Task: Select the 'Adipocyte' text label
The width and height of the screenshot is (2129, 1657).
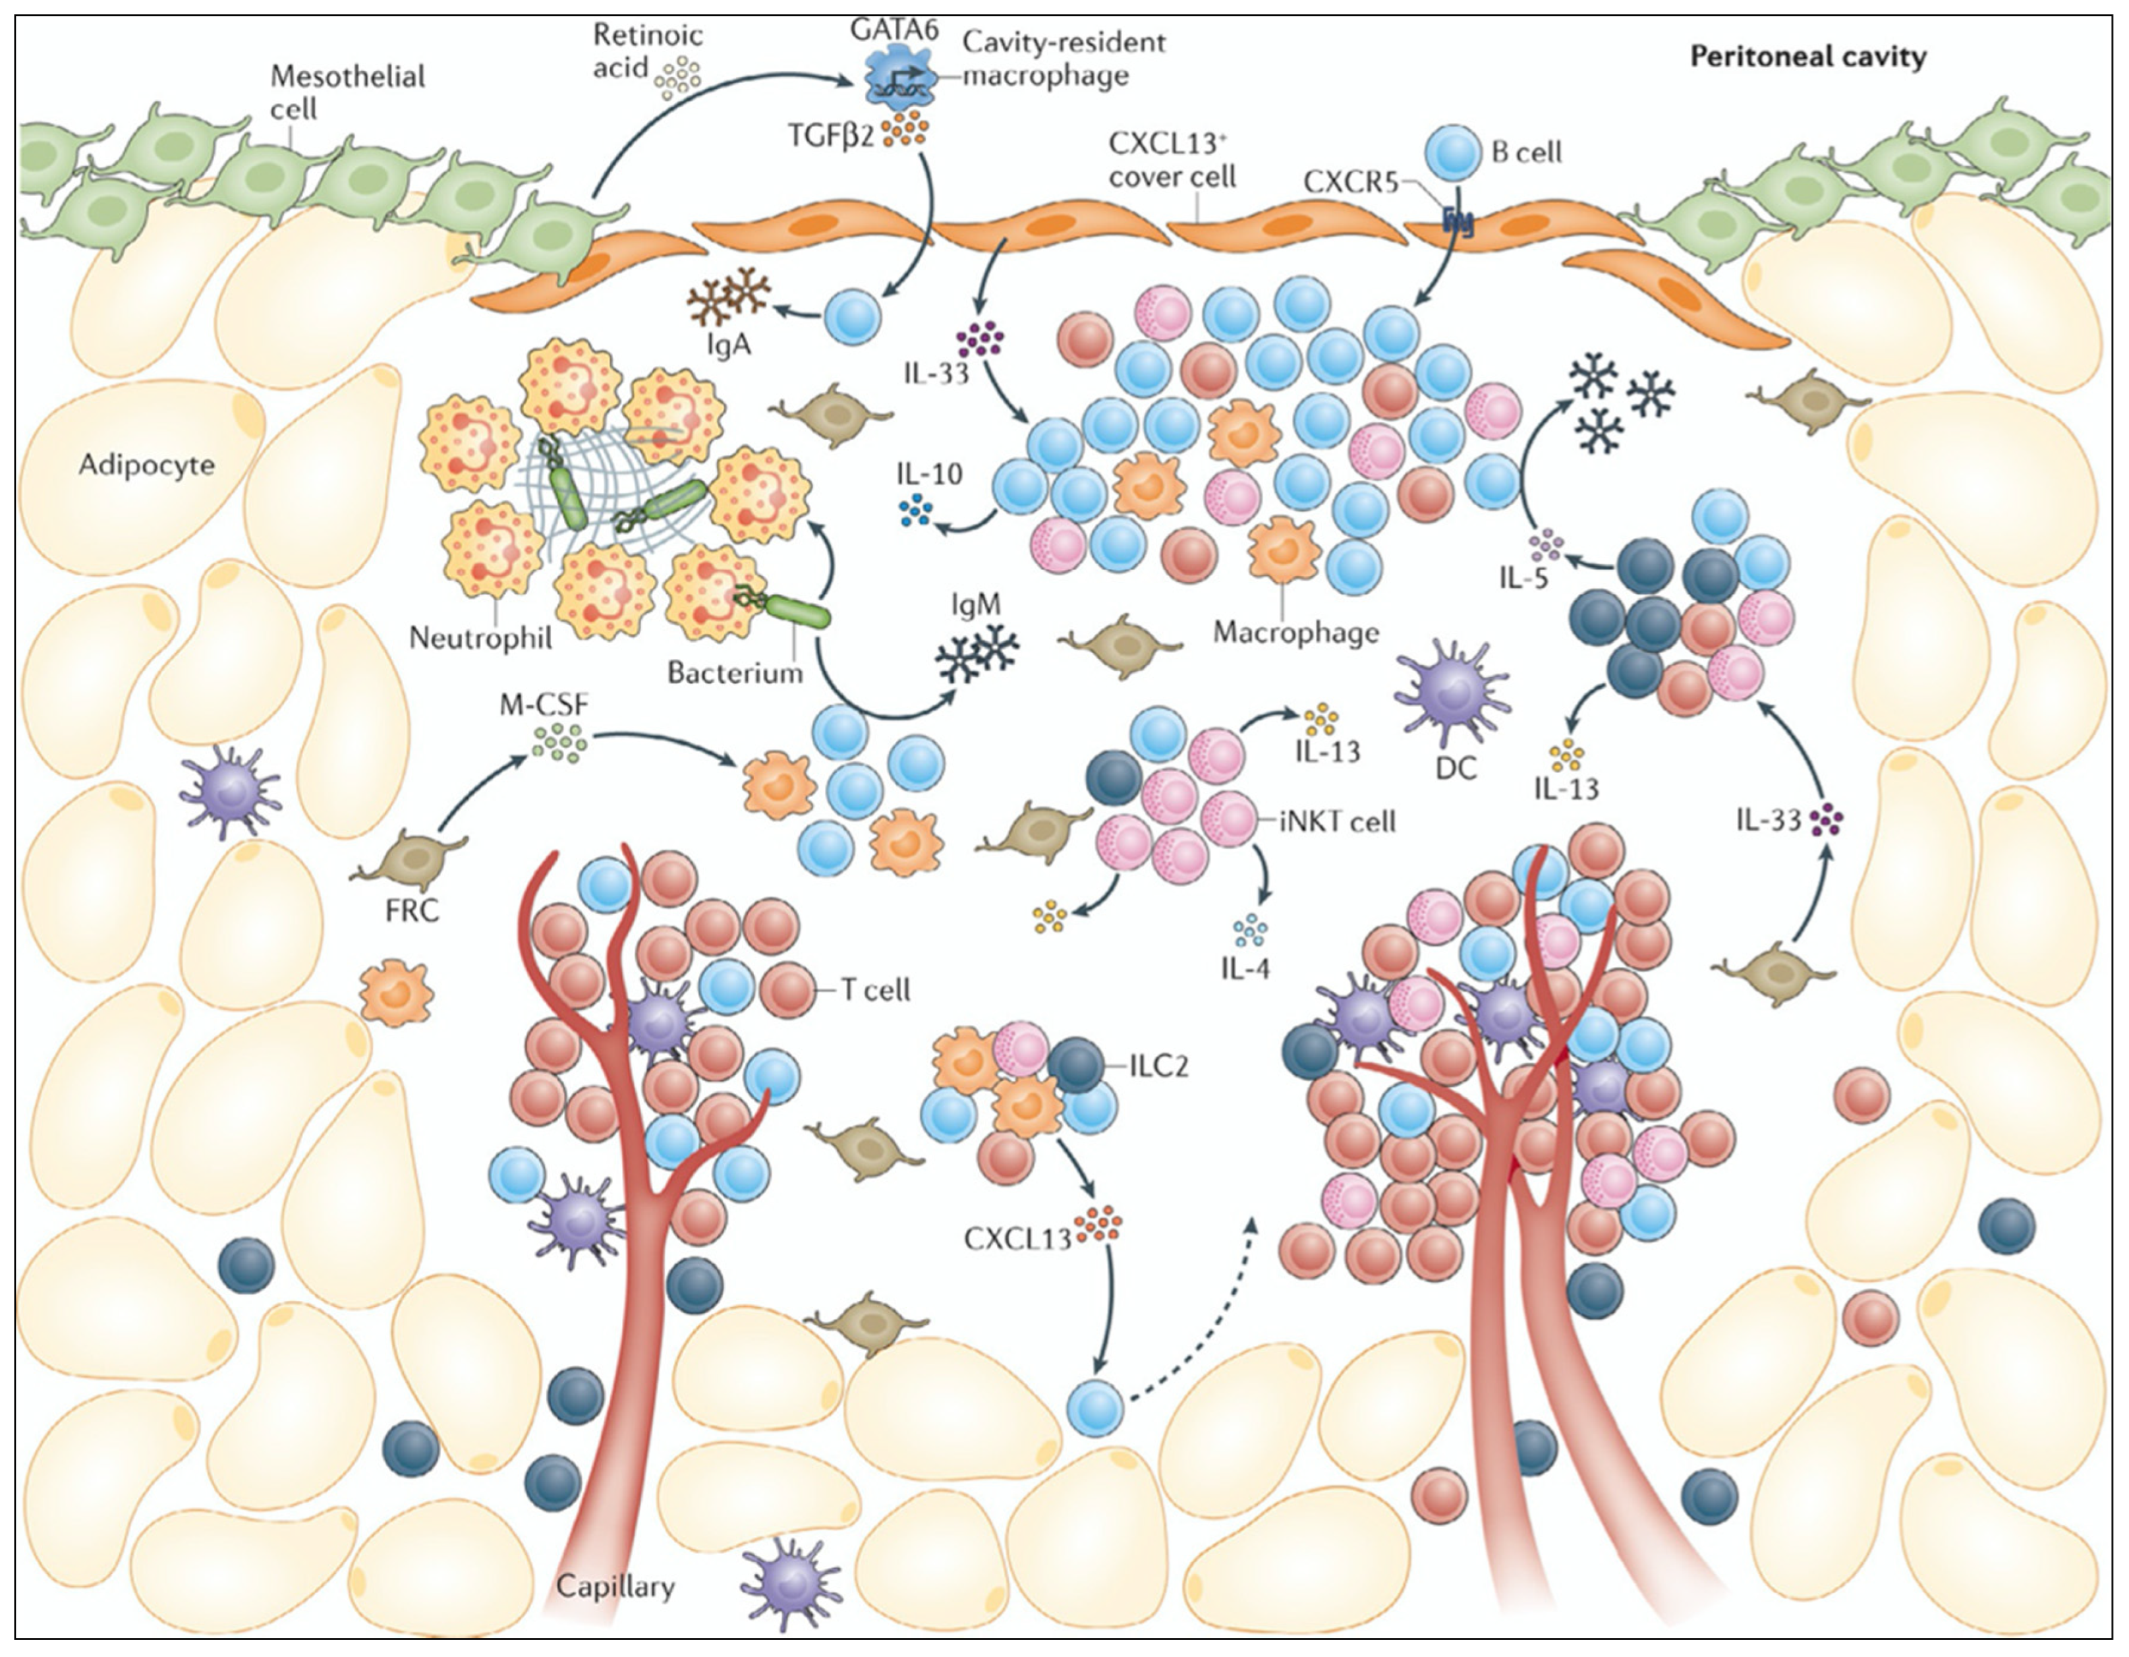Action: (x=146, y=464)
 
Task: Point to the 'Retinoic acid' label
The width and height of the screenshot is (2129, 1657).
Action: (x=647, y=51)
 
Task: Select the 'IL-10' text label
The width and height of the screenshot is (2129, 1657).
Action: (x=929, y=475)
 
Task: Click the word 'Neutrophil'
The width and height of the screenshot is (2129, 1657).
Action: (x=480, y=638)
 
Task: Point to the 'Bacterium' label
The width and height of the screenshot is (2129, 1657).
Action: (x=735, y=672)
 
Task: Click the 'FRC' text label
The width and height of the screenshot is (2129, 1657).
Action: (x=411, y=911)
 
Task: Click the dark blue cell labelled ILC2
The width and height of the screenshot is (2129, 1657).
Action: (x=1075, y=1065)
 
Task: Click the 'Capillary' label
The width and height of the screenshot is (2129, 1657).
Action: (x=614, y=1586)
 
